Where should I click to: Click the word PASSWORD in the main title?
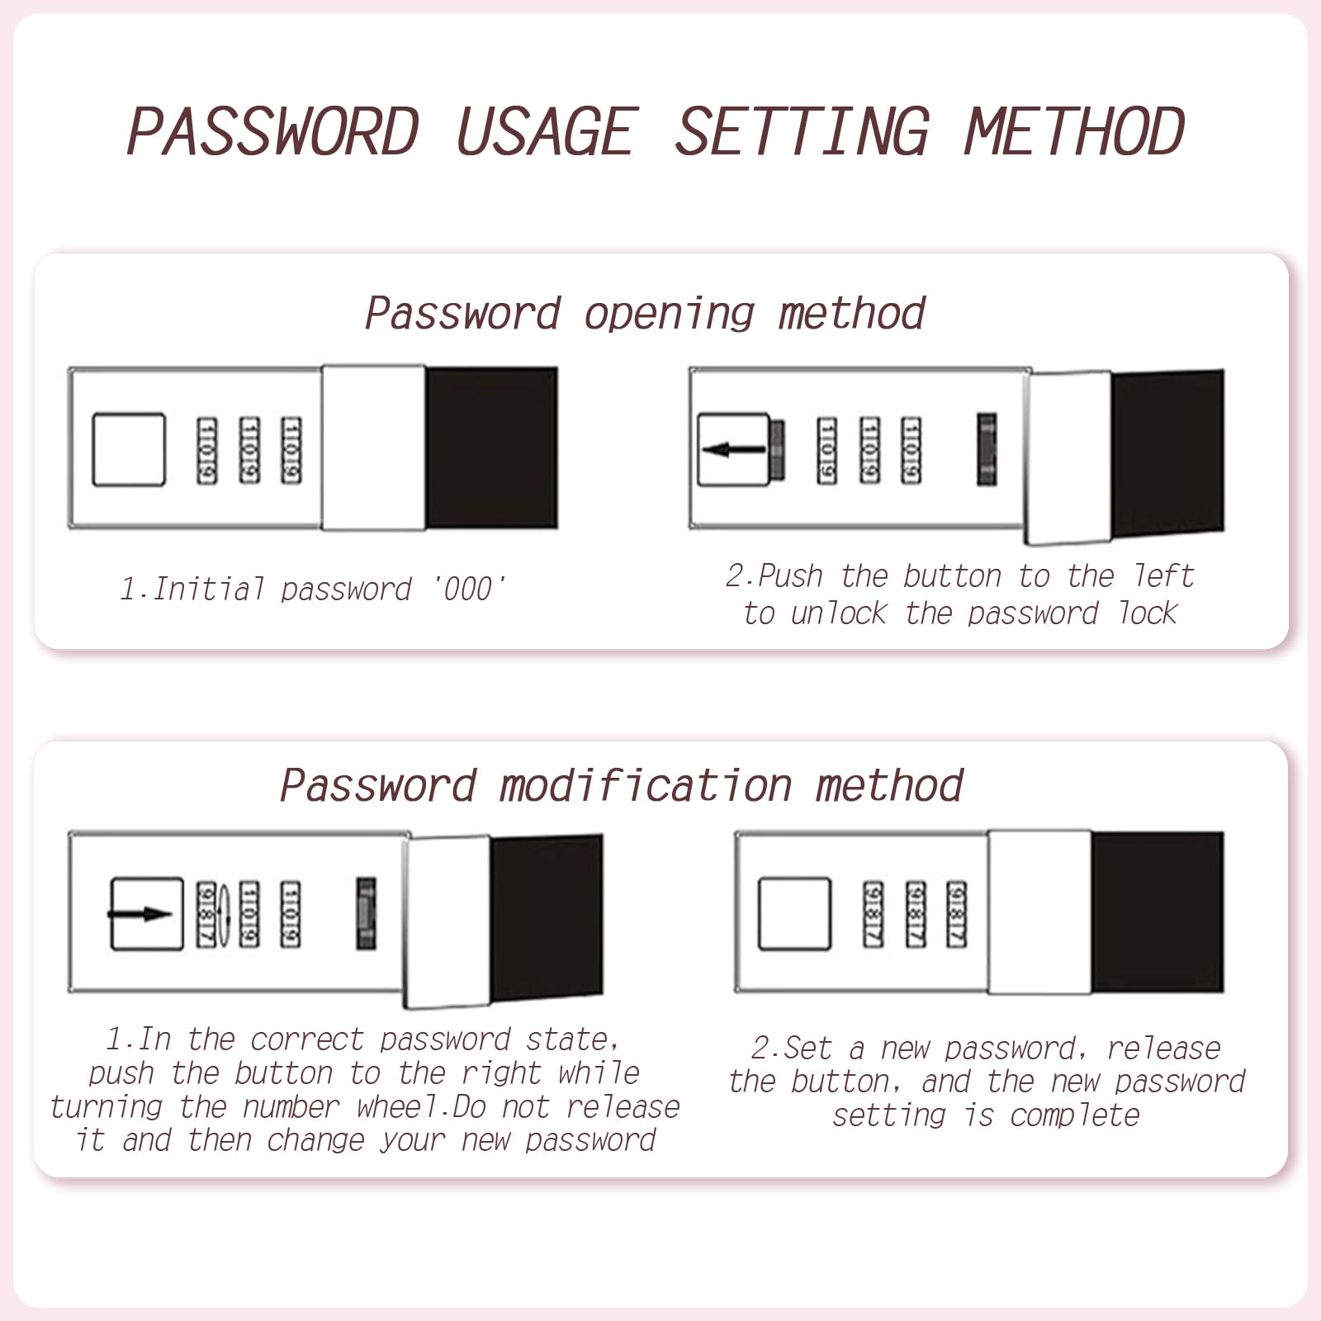click(273, 131)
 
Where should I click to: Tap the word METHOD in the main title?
click(1074, 131)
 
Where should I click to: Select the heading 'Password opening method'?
click(645, 315)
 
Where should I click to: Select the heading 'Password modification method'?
click(622, 785)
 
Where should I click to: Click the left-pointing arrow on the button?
click(733, 450)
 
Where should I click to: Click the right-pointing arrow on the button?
click(140, 914)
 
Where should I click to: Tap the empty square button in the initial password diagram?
click(129, 450)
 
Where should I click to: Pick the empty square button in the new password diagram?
click(794, 914)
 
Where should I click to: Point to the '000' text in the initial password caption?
click(469, 589)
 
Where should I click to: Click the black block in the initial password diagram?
click(491, 448)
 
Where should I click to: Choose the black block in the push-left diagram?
click(1167, 452)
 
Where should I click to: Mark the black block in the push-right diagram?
click(547, 917)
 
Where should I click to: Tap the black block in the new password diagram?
click(1157, 912)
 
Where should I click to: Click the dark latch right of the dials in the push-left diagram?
click(987, 450)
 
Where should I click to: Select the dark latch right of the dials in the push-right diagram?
click(366, 914)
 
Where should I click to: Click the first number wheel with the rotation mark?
click(206, 915)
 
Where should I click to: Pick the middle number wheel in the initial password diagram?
click(249, 450)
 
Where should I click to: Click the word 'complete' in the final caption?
click(1074, 1116)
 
